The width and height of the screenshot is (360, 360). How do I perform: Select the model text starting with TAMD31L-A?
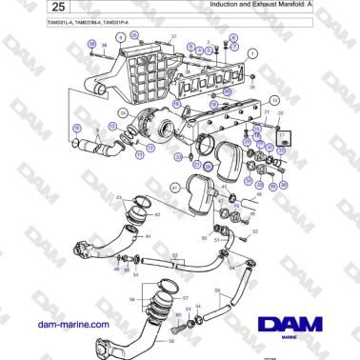[x=63, y=22]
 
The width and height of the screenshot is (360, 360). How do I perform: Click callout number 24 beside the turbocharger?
[x=122, y=112]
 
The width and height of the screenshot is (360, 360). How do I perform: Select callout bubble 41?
[x=175, y=188]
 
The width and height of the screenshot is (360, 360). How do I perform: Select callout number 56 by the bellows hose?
[x=132, y=297]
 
